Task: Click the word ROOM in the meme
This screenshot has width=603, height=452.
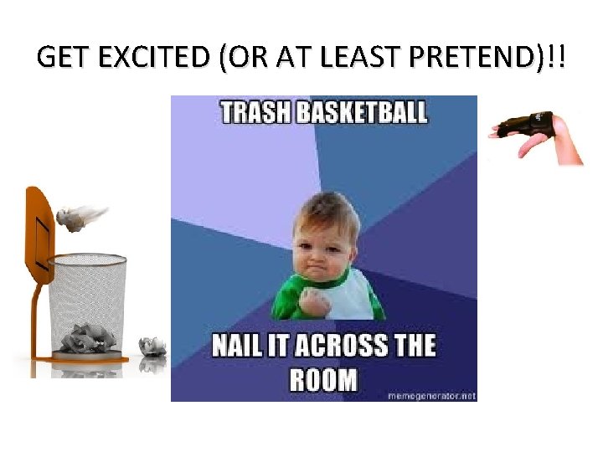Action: point(323,379)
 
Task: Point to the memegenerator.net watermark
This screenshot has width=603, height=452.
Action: point(430,395)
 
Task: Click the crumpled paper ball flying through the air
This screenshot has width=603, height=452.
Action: point(74,219)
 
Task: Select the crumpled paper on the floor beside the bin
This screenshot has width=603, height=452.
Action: point(152,345)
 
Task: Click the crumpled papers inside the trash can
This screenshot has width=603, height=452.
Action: point(87,336)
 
